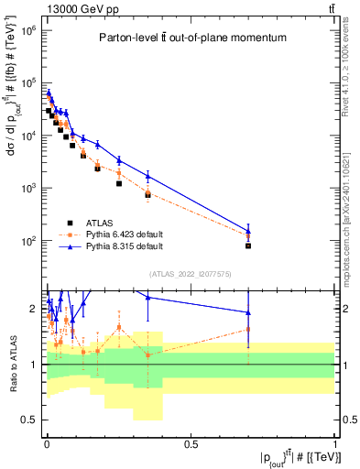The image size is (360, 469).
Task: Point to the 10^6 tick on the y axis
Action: (x=27, y=30)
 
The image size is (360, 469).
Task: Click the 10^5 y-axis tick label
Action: (x=27, y=83)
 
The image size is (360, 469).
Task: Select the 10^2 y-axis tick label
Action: (x=27, y=241)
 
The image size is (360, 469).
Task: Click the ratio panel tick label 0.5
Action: (x=29, y=420)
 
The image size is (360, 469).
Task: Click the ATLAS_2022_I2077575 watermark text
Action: (x=190, y=273)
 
